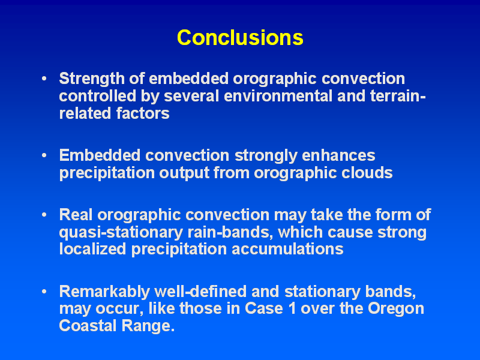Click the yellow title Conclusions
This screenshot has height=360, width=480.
pyautogui.click(x=240, y=38)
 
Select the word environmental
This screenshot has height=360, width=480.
pyautogui.click(x=278, y=96)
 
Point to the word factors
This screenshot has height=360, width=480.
pyautogui.click(x=143, y=113)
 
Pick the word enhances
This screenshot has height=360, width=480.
pyautogui.click(x=338, y=155)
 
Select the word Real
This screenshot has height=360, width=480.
pyautogui.click(x=76, y=215)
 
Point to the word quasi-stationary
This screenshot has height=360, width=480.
pyautogui.click(x=121, y=233)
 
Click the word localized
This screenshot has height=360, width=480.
pyautogui.click(x=92, y=249)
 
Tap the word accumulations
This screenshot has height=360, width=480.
pyautogui.click(x=287, y=249)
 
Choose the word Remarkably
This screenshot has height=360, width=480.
pyautogui.click(x=104, y=292)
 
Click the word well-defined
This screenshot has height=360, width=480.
pyautogui.click(x=200, y=291)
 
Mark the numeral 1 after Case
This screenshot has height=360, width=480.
pyautogui.click(x=292, y=308)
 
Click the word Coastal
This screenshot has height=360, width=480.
pyautogui.click(x=88, y=325)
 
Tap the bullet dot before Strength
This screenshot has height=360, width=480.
pyautogui.click(x=44, y=79)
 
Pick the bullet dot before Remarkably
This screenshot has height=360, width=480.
pyautogui.click(x=44, y=291)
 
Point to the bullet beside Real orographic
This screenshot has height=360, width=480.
pyautogui.click(x=44, y=215)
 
